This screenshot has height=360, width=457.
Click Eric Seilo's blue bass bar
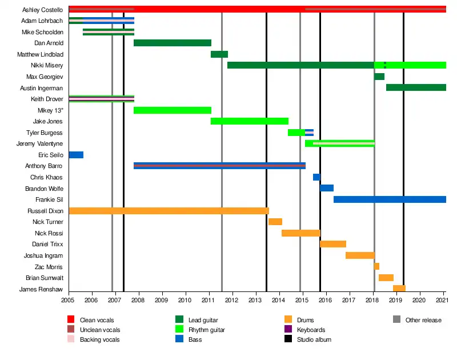pyautogui.click(x=76, y=155)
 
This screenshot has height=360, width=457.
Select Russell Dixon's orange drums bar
pyautogui.click(x=169, y=211)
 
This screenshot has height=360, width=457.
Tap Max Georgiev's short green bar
pyautogui.click(x=379, y=77)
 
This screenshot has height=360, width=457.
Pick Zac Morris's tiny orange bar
pyautogui.click(x=376, y=266)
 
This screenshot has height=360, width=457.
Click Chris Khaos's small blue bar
pyautogui.click(x=316, y=177)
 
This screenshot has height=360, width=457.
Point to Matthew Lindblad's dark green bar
pyautogui.click(x=219, y=54)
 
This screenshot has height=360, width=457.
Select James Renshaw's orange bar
pyautogui.click(x=399, y=289)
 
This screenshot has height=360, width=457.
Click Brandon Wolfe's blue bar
pyautogui.click(x=327, y=188)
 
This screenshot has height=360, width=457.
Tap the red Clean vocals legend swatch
pyautogui.click(x=71, y=320)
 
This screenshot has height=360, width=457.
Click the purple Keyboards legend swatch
pyautogui.click(x=288, y=330)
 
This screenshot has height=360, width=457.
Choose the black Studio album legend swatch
pyautogui.click(x=288, y=339)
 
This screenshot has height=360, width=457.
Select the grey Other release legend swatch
pyautogui.click(x=396, y=320)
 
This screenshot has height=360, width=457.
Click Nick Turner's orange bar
pyautogui.click(x=275, y=222)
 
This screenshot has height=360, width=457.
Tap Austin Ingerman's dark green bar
pyautogui.click(x=416, y=87)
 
